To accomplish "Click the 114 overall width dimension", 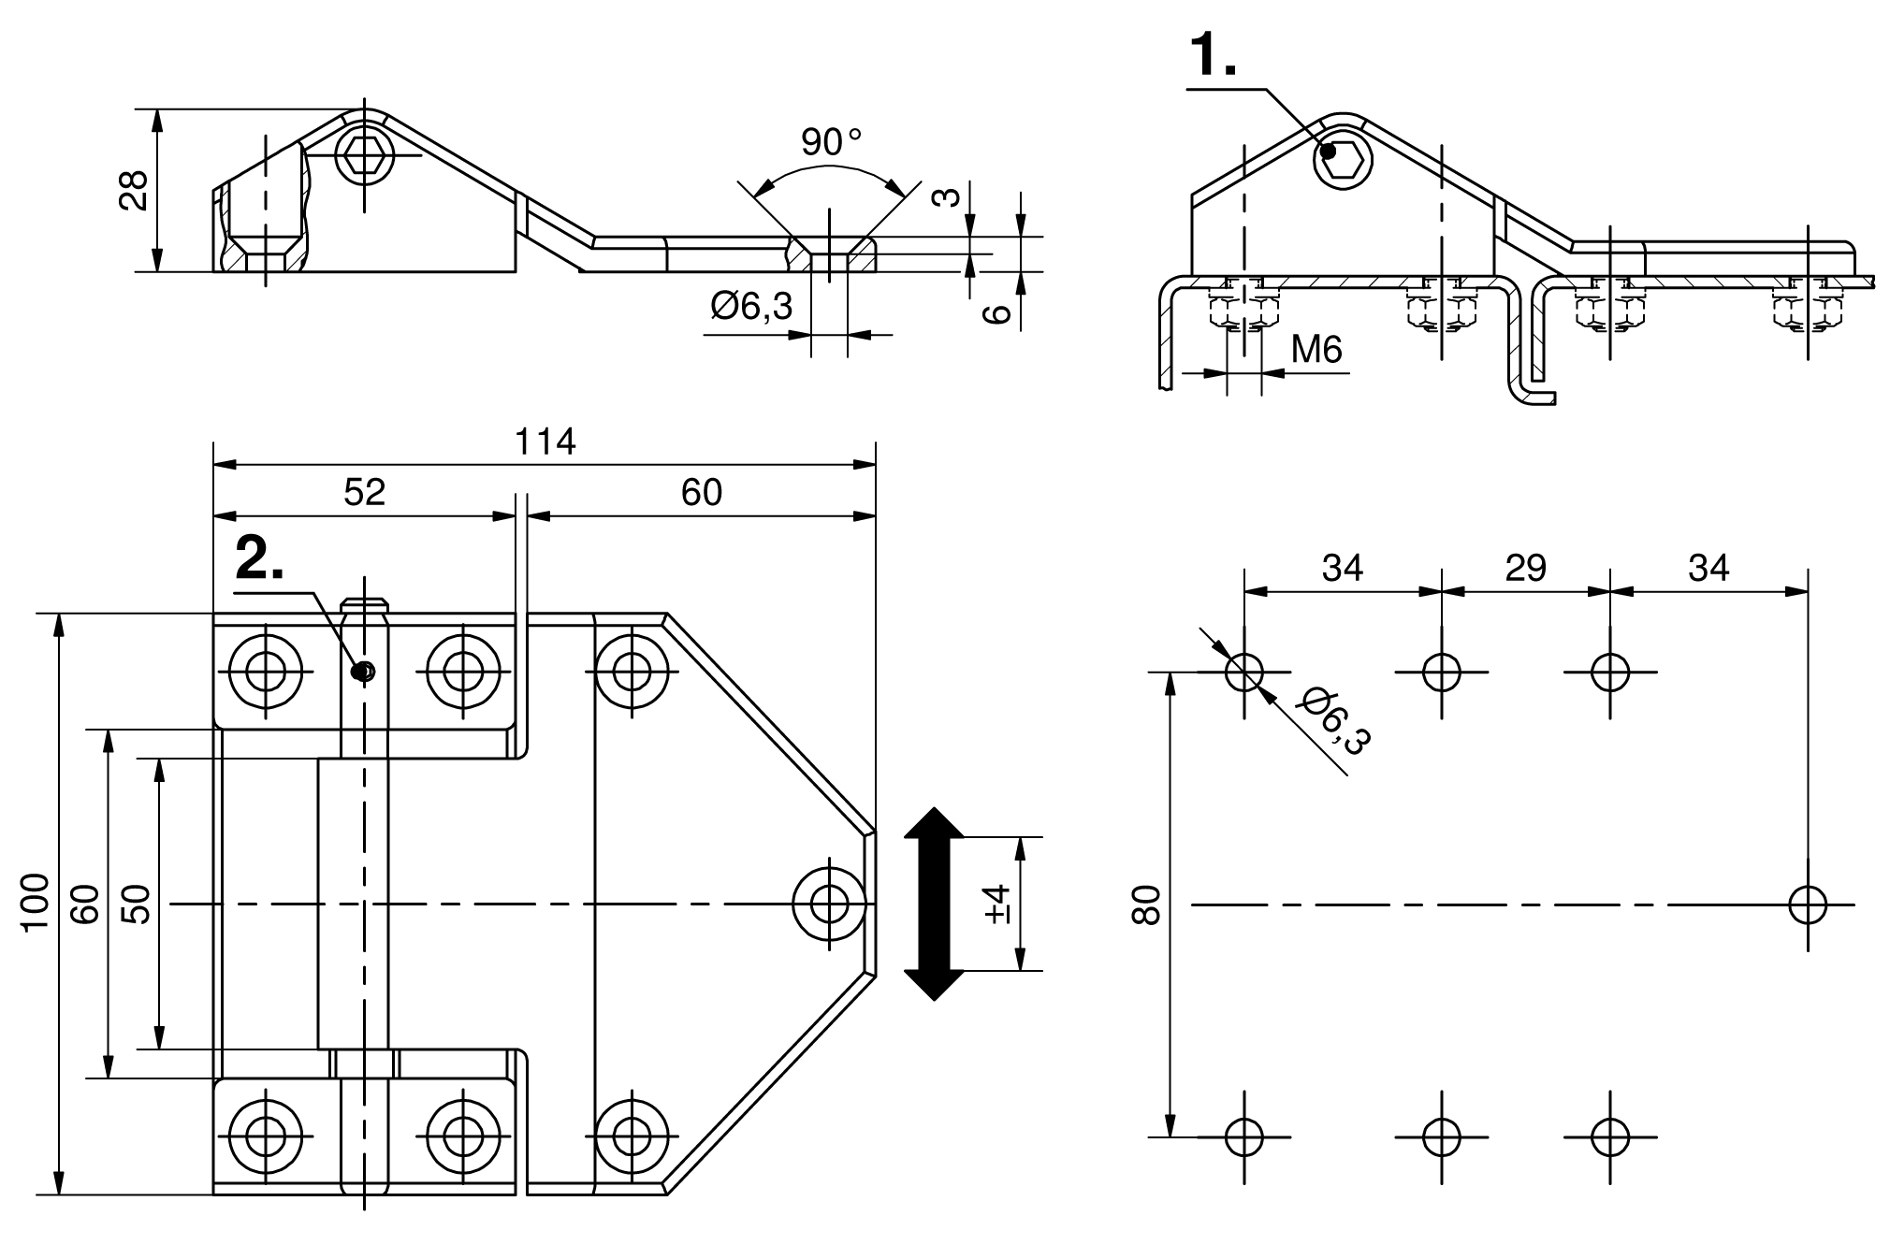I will [x=545, y=441].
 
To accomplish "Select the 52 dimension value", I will [x=364, y=493].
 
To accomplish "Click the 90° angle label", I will [x=830, y=143].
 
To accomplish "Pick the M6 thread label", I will [x=1316, y=350].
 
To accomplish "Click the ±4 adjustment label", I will [x=997, y=904].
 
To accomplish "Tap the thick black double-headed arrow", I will [x=933, y=904].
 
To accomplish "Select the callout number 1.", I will [x=1213, y=56].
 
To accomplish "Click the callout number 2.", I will [x=260, y=559].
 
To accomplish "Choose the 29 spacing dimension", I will [x=1525, y=568].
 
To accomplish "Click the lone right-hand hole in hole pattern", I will [x=1808, y=904].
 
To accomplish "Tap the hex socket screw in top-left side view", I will [x=363, y=155].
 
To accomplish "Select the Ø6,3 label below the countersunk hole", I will [x=751, y=306].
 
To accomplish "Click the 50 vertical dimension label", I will [x=137, y=904].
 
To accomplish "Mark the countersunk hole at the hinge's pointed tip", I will [x=828, y=904].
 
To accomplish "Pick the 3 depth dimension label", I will [x=948, y=197].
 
